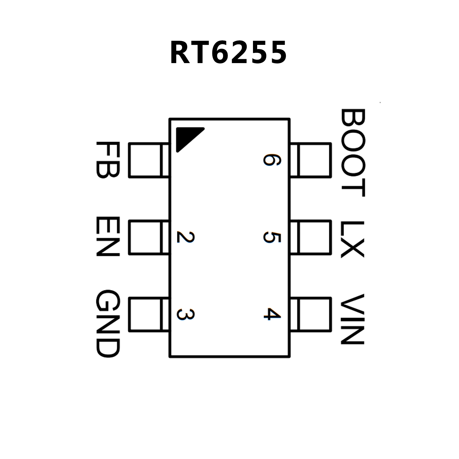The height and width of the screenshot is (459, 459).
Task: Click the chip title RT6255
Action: tap(228, 53)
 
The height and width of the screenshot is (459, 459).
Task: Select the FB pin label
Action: tap(108, 160)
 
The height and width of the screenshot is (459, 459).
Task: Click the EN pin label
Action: tap(108, 237)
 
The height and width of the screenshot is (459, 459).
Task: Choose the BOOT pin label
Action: tap(353, 153)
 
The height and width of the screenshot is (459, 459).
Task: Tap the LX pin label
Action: tap(353, 239)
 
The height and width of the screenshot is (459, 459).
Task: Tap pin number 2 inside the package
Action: tap(185, 237)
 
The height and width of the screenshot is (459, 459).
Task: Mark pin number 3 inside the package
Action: tap(185, 315)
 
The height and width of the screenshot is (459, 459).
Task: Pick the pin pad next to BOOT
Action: tap(311, 160)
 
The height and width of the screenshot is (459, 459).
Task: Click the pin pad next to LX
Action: tap(311, 237)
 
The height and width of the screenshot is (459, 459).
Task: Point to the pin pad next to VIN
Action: tap(311, 315)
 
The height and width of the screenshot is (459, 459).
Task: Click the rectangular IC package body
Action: tap(229, 269)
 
